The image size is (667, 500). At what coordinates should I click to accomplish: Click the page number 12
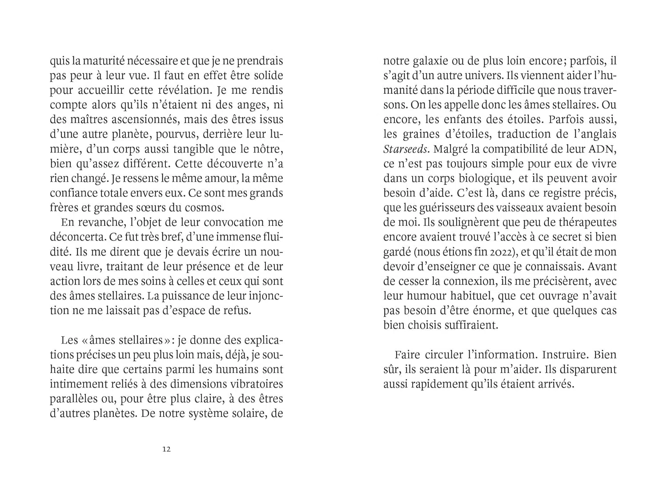166,449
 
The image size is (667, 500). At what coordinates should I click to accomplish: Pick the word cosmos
208,208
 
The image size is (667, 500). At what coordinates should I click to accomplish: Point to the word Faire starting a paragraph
407,355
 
